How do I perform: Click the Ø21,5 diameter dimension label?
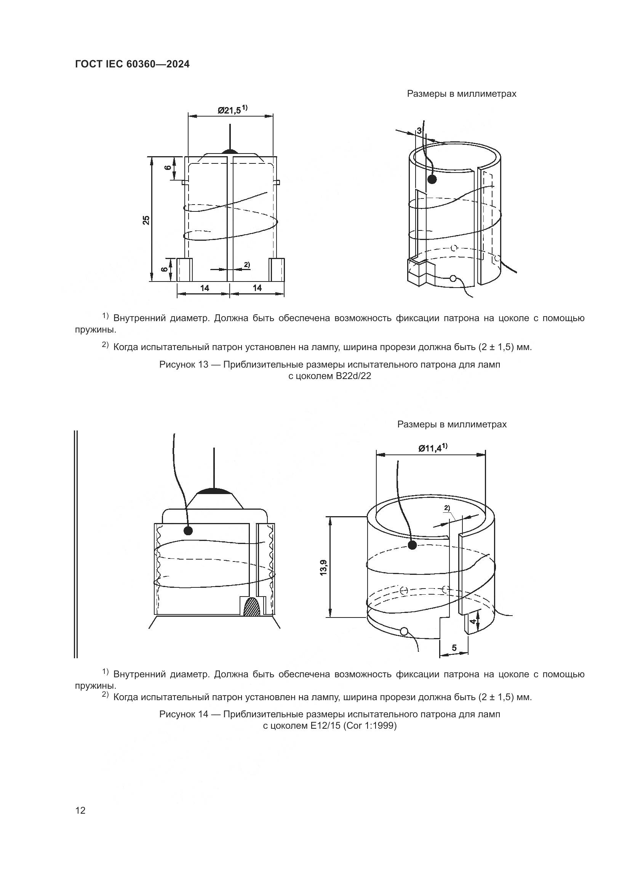pyautogui.click(x=232, y=110)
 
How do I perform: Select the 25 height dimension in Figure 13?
pyautogui.click(x=146, y=220)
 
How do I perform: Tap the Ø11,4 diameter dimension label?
pyautogui.click(x=432, y=448)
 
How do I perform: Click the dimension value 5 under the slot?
pyautogui.click(x=454, y=647)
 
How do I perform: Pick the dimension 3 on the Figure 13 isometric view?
pyautogui.click(x=419, y=131)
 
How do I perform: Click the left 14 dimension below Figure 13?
pyautogui.click(x=205, y=288)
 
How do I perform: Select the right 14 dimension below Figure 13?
pyautogui.click(x=257, y=288)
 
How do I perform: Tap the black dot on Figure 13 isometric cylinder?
pyautogui.click(x=432, y=179)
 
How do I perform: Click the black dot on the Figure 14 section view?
pyautogui.click(x=188, y=531)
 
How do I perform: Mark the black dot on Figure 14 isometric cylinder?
pyautogui.click(x=413, y=545)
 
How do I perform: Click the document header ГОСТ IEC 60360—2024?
pyautogui.click(x=132, y=64)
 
